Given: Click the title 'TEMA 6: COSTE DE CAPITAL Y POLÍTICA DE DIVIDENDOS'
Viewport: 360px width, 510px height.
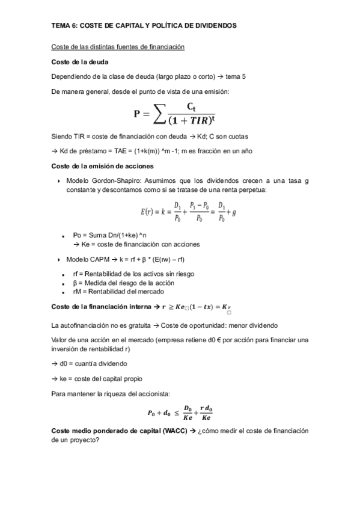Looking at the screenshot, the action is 144,26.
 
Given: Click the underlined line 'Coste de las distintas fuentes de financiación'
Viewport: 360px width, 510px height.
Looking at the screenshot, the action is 118,47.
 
